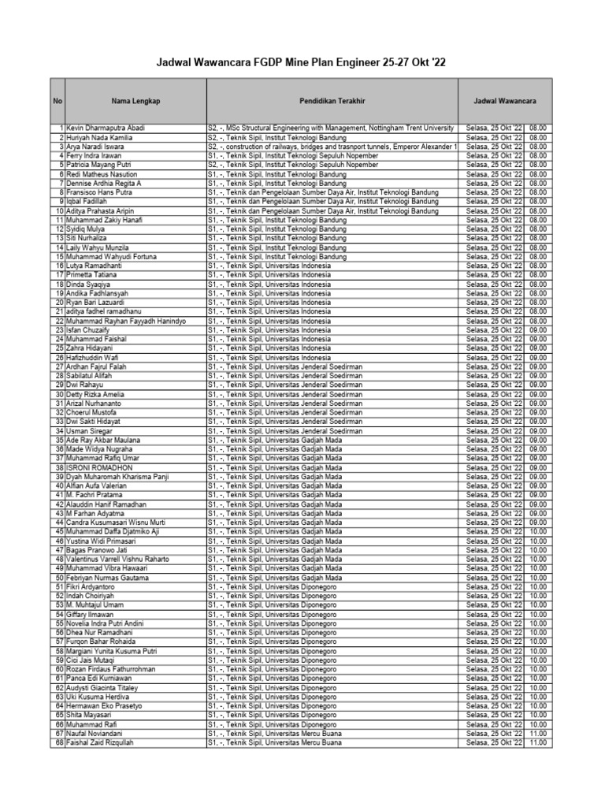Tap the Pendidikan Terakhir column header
coord(332,102)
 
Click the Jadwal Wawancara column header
coord(505,102)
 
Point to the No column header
coord(58,102)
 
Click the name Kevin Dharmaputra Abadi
coord(105,128)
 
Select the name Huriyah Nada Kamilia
coord(99,138)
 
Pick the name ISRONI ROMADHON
coord(99,467)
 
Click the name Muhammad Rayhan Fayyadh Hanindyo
coord(126,322)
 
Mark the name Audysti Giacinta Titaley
coord(107,687)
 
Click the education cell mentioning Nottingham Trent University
coord(331,128)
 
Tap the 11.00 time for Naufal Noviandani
coord(538,733)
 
